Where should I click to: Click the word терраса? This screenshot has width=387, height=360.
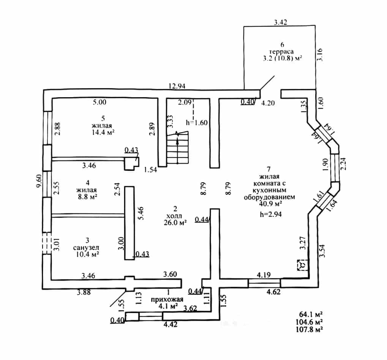tap(281, 52)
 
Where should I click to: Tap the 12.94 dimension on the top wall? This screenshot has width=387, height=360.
tap(177, 86)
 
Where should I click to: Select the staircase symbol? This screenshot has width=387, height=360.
tap(177, 148)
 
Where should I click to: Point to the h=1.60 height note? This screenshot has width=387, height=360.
tap(197, 122)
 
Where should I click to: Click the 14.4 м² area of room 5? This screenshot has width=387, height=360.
tap(103, 132)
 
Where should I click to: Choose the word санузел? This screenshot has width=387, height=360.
tap(86, 247)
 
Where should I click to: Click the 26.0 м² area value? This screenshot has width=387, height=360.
tap(175, 223)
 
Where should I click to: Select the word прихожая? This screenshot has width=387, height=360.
tap(167, 300)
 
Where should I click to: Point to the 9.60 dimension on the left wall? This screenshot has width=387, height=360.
tap(39, 181)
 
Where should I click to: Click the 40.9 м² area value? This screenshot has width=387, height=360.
tap(270, 204)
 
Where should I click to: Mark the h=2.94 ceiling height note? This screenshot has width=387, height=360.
tap(271, 214)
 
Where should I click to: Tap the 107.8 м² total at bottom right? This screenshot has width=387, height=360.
tap(310, 329)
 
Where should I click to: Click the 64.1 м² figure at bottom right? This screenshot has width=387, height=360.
tap(311, 314)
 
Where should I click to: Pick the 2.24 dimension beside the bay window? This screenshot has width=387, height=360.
tap(343, 164)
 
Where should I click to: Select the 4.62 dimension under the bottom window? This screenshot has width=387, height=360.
tap(273, 292)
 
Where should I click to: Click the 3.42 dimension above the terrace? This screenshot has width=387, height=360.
tap(281, 22)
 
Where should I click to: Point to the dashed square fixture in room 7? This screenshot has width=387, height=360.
tap(302, 265)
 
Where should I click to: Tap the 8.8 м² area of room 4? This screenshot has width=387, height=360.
tap(87, 197)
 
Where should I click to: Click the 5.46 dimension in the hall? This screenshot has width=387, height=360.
tap(141, 213)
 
